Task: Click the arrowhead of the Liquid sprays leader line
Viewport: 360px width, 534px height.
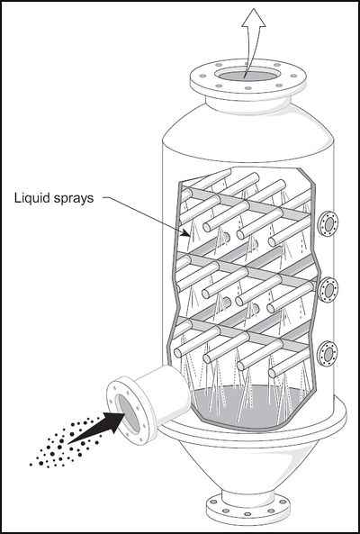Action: pos(187,233)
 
